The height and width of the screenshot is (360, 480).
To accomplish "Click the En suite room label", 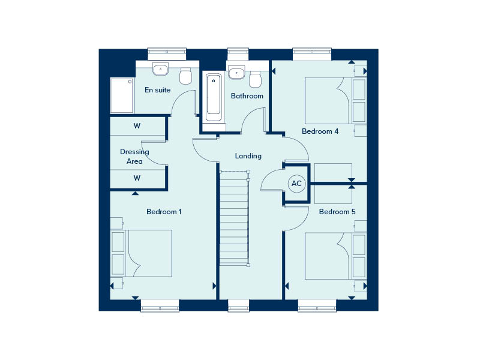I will [158, 90].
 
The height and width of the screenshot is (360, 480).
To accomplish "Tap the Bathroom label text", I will [247, 96].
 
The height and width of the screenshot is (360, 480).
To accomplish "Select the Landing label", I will [248, 156].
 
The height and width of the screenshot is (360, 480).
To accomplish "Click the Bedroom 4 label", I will [320, 131].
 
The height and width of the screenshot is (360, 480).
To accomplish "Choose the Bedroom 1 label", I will [164, 212].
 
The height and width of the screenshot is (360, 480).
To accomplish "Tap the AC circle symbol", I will [296, 184].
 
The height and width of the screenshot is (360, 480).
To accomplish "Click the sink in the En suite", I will [160, 70].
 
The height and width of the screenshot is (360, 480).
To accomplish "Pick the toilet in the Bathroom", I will [256, 79].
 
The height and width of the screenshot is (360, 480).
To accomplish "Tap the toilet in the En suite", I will [186, 76].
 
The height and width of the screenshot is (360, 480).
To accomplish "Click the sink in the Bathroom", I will [236, 73].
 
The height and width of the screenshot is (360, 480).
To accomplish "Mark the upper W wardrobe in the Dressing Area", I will [137, 126].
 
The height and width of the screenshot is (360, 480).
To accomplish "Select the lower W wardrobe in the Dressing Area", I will [137, 178].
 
